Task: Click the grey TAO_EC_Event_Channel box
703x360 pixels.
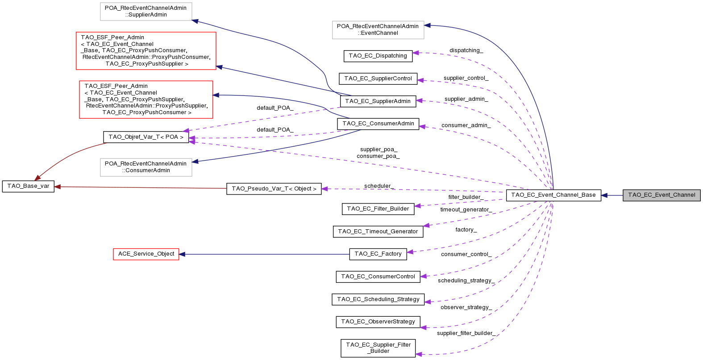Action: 661,195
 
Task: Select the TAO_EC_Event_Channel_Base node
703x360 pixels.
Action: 553,195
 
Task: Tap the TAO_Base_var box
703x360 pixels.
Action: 28,186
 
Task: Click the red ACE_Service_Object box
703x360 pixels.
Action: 146,254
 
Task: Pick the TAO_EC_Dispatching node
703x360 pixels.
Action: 378,56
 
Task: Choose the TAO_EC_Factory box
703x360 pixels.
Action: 378,254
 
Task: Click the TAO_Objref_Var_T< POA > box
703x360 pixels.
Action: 146,137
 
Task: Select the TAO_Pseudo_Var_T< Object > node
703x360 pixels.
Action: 274,189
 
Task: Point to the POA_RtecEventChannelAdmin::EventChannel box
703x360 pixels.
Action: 378,29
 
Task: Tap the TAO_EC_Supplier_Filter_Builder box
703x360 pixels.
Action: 378,348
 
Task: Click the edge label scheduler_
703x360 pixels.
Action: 379,186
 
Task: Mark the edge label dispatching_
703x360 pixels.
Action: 466,50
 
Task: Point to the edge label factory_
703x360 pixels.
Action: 466,230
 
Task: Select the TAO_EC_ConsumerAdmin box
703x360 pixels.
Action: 378,124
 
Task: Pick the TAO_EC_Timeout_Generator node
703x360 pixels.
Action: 378,232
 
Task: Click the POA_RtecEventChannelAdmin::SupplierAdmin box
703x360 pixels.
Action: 146,12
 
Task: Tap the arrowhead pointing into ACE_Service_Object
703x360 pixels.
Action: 182,254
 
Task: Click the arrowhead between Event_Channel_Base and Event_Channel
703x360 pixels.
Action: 604,195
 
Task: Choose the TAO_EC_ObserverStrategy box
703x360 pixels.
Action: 378,322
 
